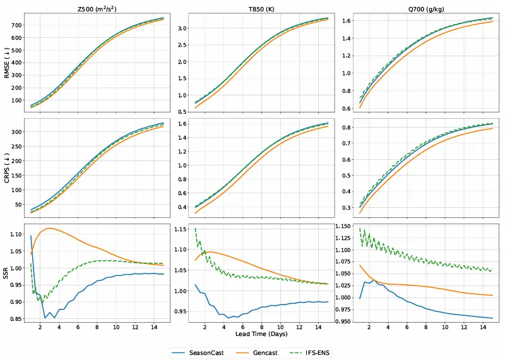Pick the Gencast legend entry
[270, 352]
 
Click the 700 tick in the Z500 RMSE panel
[16, 25]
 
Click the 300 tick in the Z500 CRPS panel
[16, 132]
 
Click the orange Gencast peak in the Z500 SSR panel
[49, 228]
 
